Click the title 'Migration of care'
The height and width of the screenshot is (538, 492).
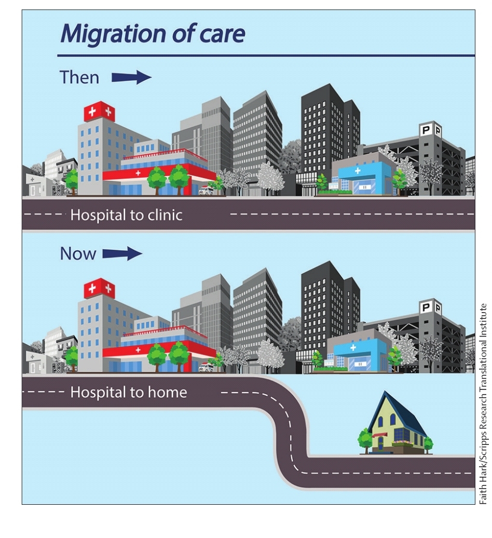click(x=152, y=34)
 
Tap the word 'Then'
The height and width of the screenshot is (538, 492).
click(x=79, y=77)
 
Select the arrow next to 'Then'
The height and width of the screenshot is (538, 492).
click(x=131, y=78)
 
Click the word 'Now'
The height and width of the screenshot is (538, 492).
click(x=78, y=253)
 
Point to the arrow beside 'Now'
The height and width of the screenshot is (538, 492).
click(x=122, y=253)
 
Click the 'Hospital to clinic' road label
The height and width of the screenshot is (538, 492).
click(x=126, y=214)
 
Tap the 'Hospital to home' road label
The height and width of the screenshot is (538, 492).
click(x=128, y=392)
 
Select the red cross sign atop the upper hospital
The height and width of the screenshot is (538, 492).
click(x=99, y=111)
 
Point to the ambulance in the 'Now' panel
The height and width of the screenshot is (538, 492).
click(x=206, y=367)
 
